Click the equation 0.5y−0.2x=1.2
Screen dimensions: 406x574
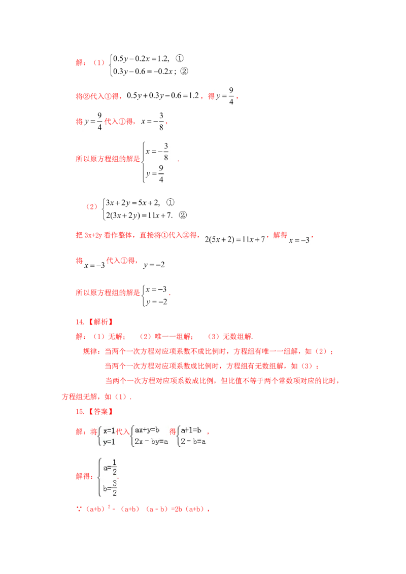pos(141,59)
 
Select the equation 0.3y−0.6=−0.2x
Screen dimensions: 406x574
pos(143,71)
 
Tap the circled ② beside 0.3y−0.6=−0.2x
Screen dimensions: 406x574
pos(184,71)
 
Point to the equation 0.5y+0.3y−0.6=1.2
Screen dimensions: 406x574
pos(163,96)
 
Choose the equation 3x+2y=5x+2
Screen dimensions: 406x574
pos(132,203)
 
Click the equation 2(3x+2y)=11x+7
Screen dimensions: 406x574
pos(139,215)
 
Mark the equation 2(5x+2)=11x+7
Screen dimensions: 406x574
pos(234,239)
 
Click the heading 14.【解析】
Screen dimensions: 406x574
pos(94,322)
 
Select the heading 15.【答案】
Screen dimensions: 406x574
pos(94,411)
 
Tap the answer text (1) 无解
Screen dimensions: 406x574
pos(109,336)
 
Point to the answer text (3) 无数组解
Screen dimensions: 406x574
pos(230,336)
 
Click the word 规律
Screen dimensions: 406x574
pos(90,351)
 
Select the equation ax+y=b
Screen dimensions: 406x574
pos(147,430)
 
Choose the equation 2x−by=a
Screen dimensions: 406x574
pos(151,442)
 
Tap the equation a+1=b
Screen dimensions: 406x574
pos(191,430)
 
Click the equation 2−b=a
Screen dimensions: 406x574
pos(193,442)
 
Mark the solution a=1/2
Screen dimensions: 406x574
pos(110,467)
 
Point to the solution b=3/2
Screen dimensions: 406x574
pos(110,488)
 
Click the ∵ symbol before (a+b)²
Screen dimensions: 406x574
pos(79,509)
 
